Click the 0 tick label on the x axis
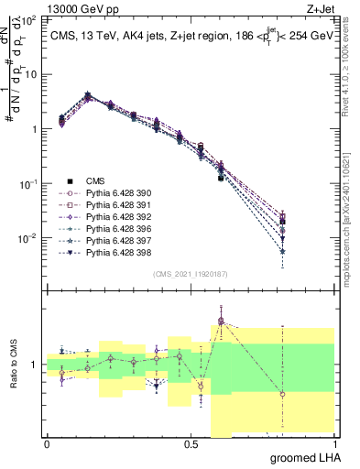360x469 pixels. [47, 444]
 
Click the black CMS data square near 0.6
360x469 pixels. [222, 178]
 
